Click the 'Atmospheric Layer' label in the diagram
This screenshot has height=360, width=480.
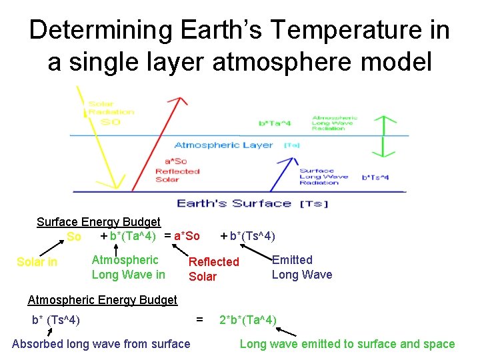click(223, 145)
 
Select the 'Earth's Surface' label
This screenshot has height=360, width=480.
click(233, 203)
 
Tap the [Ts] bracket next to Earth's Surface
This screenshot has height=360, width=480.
click(314, 204)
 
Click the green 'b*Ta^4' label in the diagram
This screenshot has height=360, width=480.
click(274, 123)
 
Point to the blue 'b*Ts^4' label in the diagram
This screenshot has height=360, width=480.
click(375, 177)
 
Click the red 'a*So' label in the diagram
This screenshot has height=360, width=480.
click(176, 161)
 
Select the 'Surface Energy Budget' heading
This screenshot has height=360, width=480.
click(98, 222)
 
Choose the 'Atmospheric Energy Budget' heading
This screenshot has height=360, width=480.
click(102, 300)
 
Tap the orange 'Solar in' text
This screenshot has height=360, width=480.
click(37, 262)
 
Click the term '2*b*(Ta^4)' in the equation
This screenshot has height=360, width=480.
click(247, 320)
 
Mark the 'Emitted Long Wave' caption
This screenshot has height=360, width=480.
click(301, 267)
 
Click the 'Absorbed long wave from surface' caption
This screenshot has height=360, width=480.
click(101, 344)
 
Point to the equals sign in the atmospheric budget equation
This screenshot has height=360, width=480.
click(199, 320)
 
